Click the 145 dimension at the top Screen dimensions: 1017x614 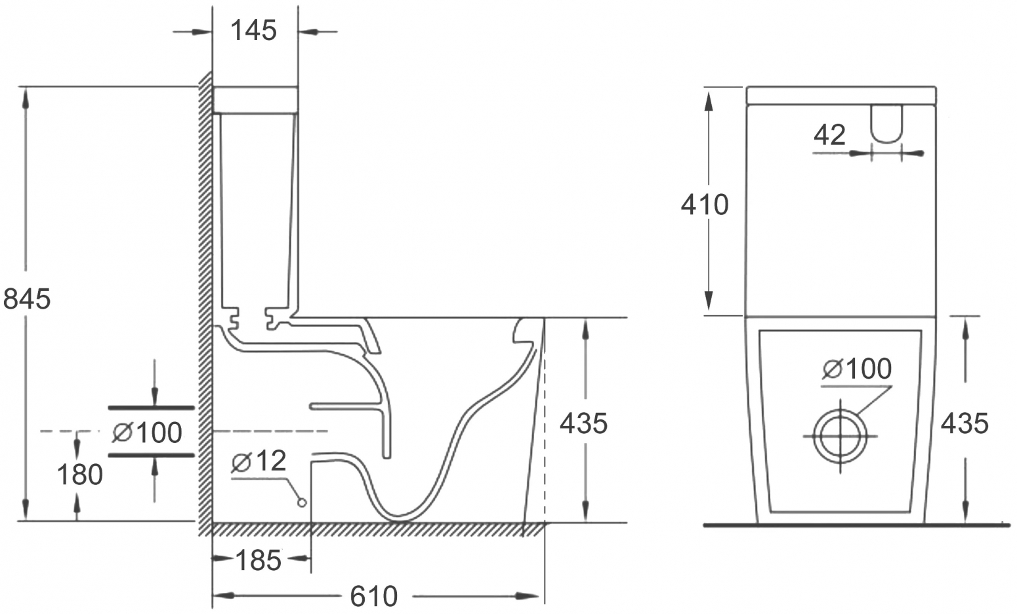click(x=253, y=31)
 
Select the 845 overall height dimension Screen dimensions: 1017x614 click(x=27, y=299)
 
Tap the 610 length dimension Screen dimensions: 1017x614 click(x=373, y=596)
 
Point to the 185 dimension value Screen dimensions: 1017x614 click(x=259, y=560)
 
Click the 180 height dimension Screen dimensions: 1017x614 click(x=80, y=475)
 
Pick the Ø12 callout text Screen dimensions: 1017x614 click(x=259, y=461)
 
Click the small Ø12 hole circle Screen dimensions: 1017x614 click(x=301, y=503)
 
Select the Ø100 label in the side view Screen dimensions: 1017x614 click(x=147, y=432)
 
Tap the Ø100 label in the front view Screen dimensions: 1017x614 click(x=857, y=368)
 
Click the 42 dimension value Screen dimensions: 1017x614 click(x=829, y=135)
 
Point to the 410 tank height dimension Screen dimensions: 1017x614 click(x=705, y=204)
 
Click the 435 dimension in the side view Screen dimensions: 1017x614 click(x=583, y=423)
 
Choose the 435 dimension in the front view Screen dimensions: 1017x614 click(x=965, y=423)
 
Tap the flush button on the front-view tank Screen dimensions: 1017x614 click(x=886, y=123)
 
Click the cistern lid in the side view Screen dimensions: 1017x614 click(x=255, y=100)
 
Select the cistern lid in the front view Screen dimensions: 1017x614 click(x=841, y=96)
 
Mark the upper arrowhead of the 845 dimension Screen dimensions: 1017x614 click(x=26, y=98)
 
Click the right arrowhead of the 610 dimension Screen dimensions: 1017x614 click(x=528, y=596)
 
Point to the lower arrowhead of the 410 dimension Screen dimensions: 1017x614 click(x=708, y=301)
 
